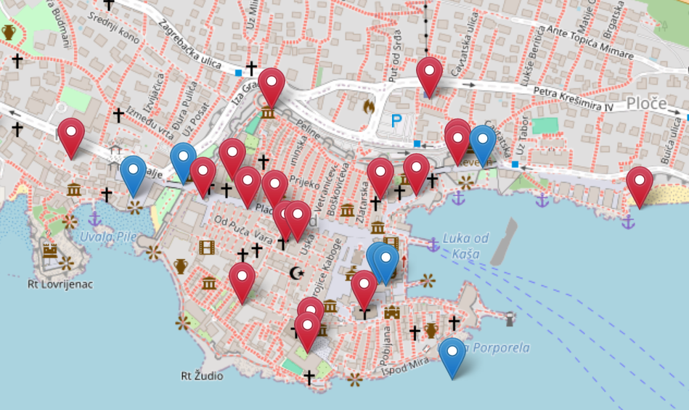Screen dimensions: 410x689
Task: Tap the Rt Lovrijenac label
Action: click(60, 284)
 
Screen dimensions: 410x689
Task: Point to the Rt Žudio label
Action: click(202, 376)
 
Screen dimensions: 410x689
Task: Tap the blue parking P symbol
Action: click(396, 121)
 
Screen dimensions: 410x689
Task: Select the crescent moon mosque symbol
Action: click(295, 273)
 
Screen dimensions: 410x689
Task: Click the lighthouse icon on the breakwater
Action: click(510, 318)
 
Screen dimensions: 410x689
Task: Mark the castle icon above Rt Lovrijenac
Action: click(50, 251)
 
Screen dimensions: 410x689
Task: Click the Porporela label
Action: click(501, 348)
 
